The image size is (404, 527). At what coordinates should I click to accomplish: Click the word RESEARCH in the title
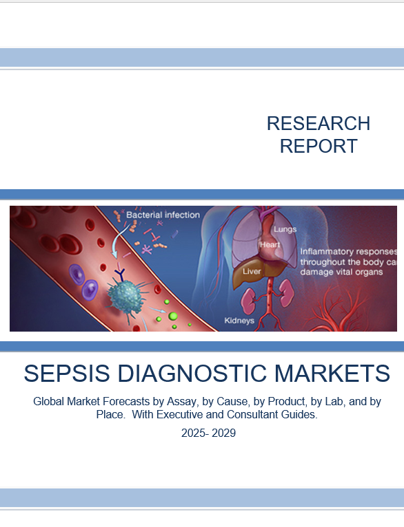318,124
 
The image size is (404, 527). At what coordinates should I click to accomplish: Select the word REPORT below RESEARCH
318,146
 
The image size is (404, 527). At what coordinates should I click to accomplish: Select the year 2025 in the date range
192,433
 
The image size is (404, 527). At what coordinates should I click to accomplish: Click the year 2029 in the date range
224,433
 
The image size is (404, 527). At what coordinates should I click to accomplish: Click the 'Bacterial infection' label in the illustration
163,215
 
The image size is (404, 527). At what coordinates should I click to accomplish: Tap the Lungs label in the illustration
285,229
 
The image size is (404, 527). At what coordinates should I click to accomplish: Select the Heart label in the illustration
269,244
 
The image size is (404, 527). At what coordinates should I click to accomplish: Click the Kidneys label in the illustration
239,321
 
